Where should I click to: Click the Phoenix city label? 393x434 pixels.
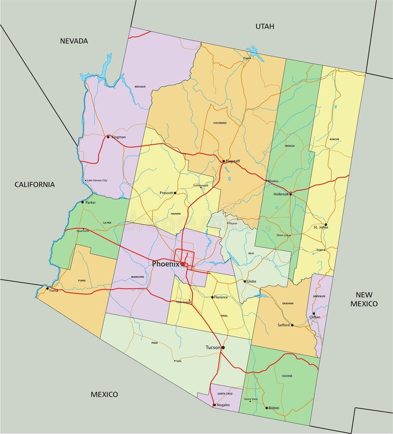(x=165, y=263)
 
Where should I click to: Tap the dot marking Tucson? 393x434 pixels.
(x=223, y=347)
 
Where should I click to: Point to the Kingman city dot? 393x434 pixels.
(x=109, y=137)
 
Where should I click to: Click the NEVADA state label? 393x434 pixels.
(x=74, y=41)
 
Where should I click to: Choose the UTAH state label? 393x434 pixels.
(x=264, y=26)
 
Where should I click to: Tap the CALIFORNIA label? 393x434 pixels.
(x=34, y=184)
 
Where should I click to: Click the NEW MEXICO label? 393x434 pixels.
(x=364, y=299)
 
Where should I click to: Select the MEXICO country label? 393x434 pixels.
(x=104, y=394)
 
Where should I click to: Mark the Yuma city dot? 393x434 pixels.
(x=48, y=289)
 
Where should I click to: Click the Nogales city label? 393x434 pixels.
(x=224, y=405)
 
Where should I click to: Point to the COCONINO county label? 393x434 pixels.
(x=220, y=122)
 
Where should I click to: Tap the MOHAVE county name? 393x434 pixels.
(x=140, y=87)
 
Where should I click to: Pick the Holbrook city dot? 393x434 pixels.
(x=290, y=194)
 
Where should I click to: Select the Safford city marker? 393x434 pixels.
(x=292, y=325)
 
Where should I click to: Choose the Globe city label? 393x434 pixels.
(x=252, y=281)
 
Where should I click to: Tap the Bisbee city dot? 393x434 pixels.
(x=267, y=407)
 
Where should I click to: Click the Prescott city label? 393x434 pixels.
(x=167, y=193)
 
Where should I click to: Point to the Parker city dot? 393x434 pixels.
(x=83, y=202)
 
